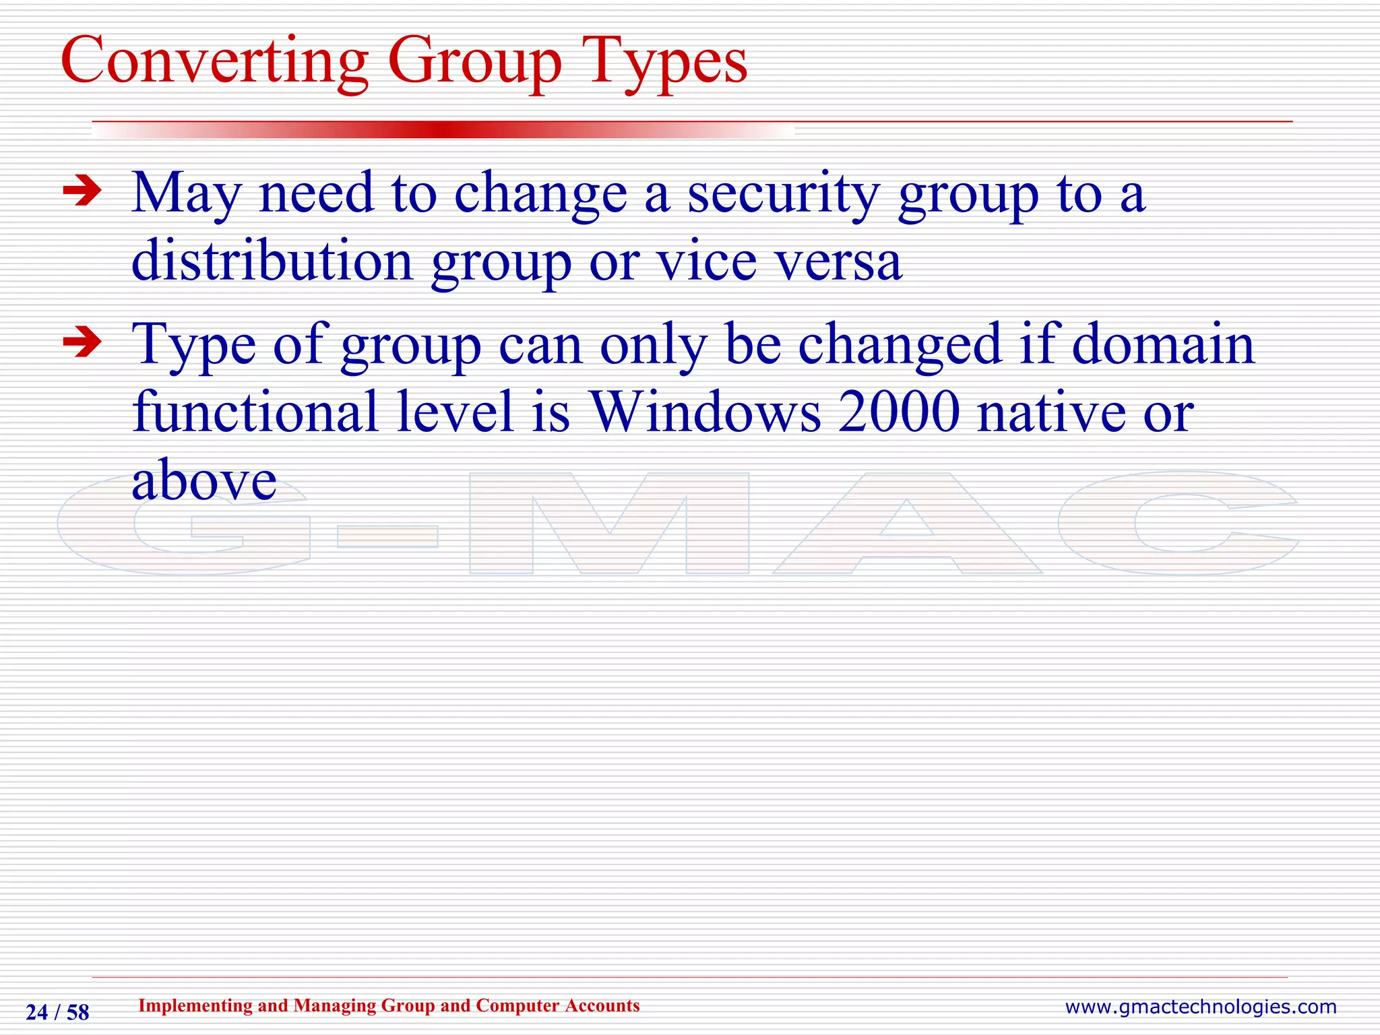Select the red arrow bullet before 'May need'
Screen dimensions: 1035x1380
(x=82, y=192)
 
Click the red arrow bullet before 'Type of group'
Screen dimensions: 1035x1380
(x=82, y=343)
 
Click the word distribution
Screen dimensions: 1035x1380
(x=272, y=261)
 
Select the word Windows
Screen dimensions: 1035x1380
(x=705, y=412)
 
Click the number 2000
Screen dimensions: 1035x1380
(x=900, y=412)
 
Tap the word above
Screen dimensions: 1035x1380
(x=204, y=481)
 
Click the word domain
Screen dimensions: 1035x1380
(x=1163, y=344)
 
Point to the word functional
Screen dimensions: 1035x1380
(x=255, y=412)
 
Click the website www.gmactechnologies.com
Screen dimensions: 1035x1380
(x=1200, y=1007)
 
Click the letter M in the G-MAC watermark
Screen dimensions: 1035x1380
(x=609, y=524)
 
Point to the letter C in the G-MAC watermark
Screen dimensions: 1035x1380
(x=1176, y=523)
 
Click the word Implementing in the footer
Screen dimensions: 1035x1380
(x=195, y=1006)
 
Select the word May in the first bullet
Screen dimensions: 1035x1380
(x=186, y=194)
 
